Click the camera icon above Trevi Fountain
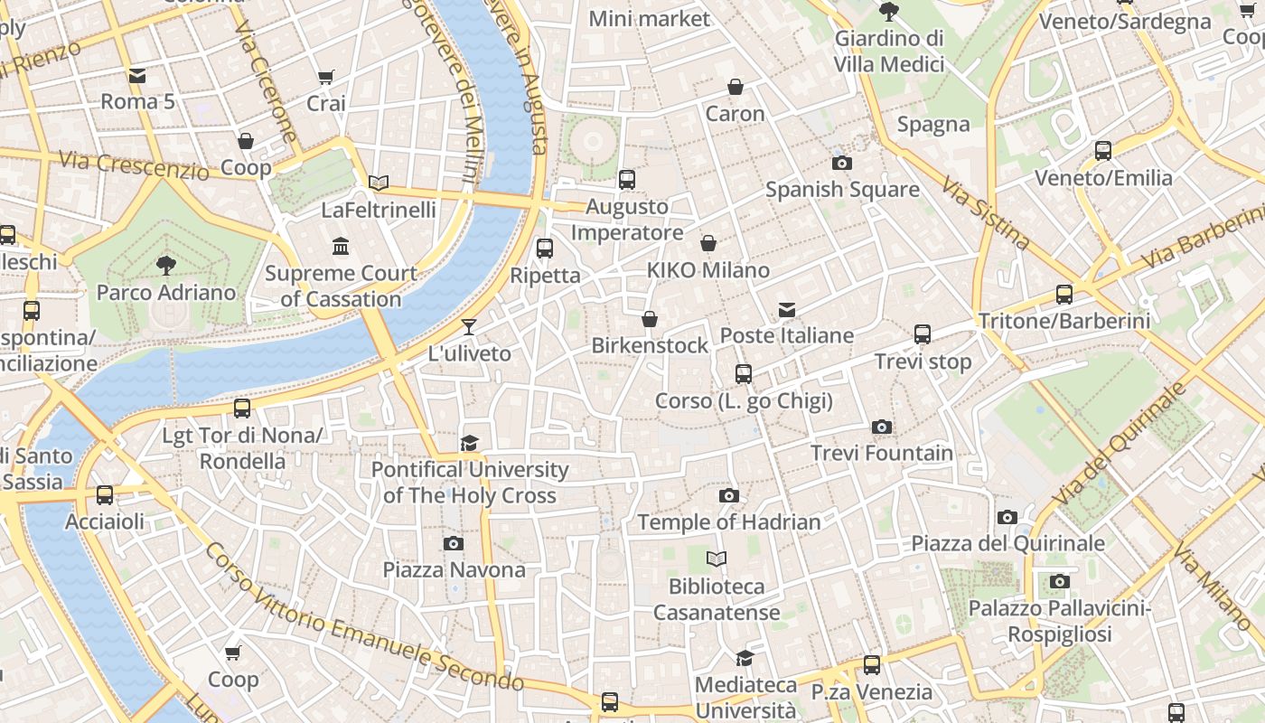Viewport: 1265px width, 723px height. pos(882,427)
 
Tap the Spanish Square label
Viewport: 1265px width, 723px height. pos(842,190)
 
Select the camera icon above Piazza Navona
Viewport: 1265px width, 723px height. pos(454,543)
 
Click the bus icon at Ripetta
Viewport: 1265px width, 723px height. pos(545,249)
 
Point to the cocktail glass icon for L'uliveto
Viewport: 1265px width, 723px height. pos(468,327)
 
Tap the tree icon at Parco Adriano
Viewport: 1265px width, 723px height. pos(165,265)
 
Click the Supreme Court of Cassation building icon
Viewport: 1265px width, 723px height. pos(341,246)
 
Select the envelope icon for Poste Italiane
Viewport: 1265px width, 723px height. pos(787,310)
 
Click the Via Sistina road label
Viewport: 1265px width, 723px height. pos(986,213)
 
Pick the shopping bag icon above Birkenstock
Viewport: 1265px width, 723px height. pos(649,319)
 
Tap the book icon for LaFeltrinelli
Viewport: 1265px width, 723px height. pos(379,183)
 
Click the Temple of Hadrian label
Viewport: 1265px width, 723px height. pos(729,522)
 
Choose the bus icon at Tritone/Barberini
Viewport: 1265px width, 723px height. pos(1064,295)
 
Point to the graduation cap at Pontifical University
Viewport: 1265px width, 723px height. pos(469,443)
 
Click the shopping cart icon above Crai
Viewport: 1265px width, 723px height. pos(326,78)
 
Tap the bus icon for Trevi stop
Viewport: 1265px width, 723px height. pos(923,334)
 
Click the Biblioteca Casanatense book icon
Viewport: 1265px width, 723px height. pos(717,559)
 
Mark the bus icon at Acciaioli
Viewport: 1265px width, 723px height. pos(105,495)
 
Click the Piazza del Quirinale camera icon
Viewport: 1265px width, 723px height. pos(1007,517)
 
